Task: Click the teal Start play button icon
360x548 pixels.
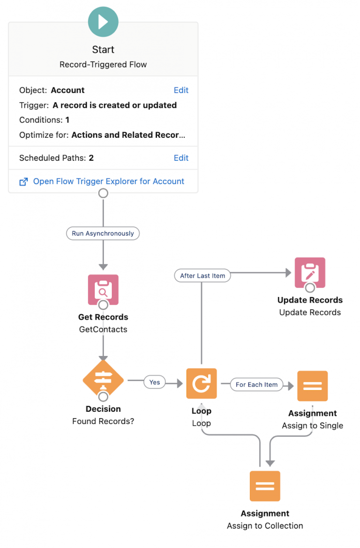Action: click(x=103, y=22)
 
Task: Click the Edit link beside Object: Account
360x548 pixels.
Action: click(x=181, y=90)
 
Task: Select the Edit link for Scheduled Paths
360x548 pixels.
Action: click(x=181, y=158)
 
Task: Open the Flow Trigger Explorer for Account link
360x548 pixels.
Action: click(x=108, y=181)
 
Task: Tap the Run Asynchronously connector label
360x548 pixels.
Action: click(x=103, y=233)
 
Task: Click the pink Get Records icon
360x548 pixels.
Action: click(x=103, y=289)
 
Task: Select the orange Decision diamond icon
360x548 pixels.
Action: click(x=103, y=380)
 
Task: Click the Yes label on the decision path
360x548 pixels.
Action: click(x=155, y=382)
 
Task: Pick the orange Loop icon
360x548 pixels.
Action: click(x=202, y=384)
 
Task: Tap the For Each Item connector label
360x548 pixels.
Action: click(x=256, y=385)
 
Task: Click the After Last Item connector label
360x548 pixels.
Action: click(x=202, y=276)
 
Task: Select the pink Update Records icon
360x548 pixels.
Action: click(x=310, y=272)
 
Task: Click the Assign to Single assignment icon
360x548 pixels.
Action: click(x=312, y=386)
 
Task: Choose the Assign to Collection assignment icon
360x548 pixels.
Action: click(x=265, y=486)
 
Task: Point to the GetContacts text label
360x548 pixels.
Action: click(x=103, y=329)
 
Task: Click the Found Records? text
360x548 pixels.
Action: click(x=103, y=421)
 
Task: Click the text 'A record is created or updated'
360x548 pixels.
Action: click(x=114, y=105)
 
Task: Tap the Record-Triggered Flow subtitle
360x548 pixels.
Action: click(x=103, y=65)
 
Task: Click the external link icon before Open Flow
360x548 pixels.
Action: click(x=23, y=182)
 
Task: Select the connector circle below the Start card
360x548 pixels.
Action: click(x=103, y=193)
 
